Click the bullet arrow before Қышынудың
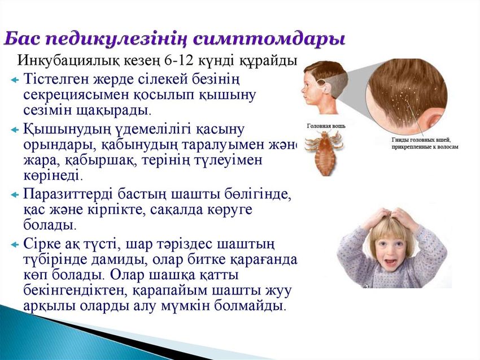click(x=15, y=129)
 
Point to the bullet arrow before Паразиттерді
click(x=15, y=194)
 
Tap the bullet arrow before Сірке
click(x=15, y=244)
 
